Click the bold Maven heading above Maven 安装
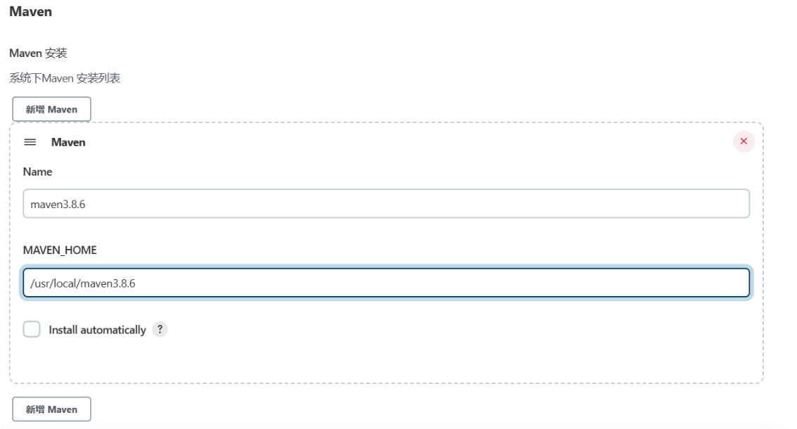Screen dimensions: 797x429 pyautogui.click(x=30, y=12)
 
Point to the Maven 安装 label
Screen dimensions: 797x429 pyautogui.click(x=38, y=53)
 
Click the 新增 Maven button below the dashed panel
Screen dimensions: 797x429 pyautogui.click(x=51, y=409)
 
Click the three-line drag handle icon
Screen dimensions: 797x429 pyautogui.click(x=30, y=142)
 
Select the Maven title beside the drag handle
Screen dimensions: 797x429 pyautogui.click(x=68, y=142)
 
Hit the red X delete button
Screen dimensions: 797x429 pyautogui.click(x=743, y=141)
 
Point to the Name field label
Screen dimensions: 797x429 pyautogui.click(x=37, y=172)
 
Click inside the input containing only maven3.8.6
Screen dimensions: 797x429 pyautogui.click(x=386, y=204)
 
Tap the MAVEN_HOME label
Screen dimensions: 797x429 pyautogui.click(x=60, y=250)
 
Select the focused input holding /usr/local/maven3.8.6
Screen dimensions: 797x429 pyautogui.click(x=386, y=283)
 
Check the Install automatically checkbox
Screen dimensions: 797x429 pyautogui.click(x=32, y=329)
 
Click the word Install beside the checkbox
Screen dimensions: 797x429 pyautogui.click(x=63, y=330)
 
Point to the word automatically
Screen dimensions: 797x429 pyautogui.click(x=113, y=330)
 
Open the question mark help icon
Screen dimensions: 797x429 pyautogui.click(x=161, y=329)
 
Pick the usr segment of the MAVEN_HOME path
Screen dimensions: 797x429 pyautogui.click(x=41, y=283)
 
